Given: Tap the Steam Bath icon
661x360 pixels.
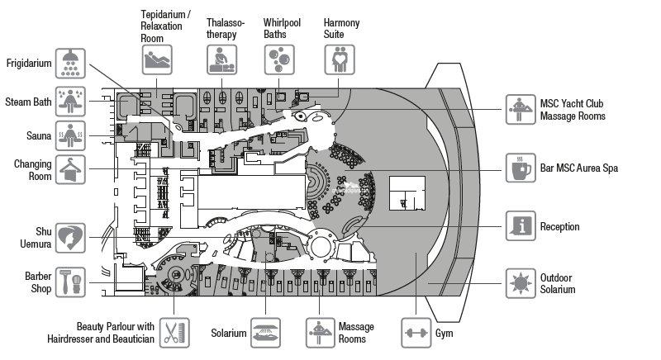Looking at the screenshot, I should pos(72,101).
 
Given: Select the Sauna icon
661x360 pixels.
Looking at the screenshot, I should pos(72,135).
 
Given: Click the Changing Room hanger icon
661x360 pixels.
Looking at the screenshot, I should pos(72,168).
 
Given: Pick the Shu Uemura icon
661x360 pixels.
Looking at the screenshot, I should pos(72,238).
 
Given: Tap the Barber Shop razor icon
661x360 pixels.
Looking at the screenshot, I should pos(72,283).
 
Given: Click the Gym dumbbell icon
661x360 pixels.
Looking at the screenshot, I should pos(416,333).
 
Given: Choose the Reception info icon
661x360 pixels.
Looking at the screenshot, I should pos(521,226).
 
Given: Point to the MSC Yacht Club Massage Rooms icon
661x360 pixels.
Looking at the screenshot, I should pos(521,109).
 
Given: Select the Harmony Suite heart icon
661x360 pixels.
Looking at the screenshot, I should pos(338,59).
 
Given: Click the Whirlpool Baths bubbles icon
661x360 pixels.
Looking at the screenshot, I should pos(278,59).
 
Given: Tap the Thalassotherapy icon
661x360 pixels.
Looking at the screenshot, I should pos(221,59).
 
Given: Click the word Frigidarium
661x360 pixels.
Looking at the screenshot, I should pos(30,64).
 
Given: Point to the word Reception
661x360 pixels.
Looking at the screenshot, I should pos(559,226).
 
